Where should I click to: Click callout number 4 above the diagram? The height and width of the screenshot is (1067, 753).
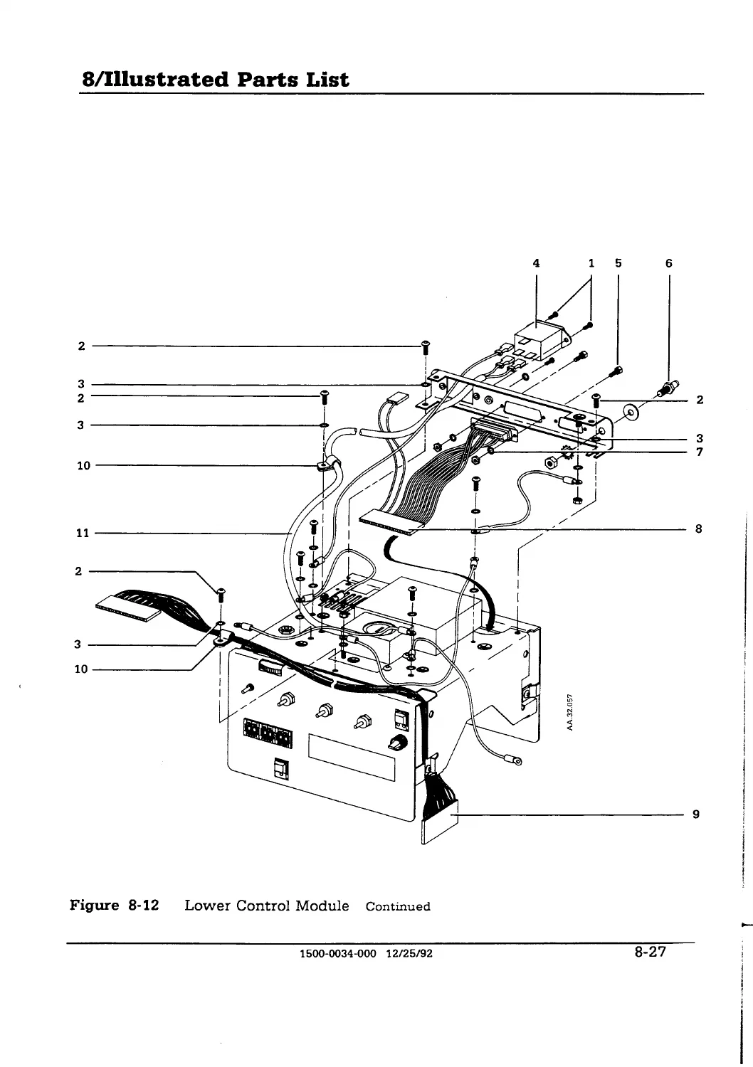click(x=536, y=263)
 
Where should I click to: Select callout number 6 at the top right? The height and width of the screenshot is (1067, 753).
click(x=668, y=263)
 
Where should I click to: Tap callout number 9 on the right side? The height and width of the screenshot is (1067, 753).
click(x=696, y=814)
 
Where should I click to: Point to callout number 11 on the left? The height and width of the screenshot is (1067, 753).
click(x=83, y=533)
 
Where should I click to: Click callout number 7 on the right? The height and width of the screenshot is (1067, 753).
click(x=699, y=452)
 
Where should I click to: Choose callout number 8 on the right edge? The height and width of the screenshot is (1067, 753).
click(x=699, y=529)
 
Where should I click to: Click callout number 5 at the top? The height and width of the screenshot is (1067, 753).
click(x=618, y=263)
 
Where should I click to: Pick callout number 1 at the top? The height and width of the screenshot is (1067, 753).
click(x=591, y=263)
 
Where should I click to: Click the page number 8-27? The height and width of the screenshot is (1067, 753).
click(x=650, y=952)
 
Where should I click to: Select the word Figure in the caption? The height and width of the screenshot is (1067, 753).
click(x=95, y=905)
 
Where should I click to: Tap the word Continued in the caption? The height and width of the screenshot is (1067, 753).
click(x=398, y=906)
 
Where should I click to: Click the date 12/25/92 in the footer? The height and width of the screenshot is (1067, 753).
click(x=409, y=954)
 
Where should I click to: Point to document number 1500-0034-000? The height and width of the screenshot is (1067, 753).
click(x=338, y=954)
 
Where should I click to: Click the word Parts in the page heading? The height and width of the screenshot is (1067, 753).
click(x=268, y=79)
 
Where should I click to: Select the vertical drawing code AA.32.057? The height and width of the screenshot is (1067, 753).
click(x=570, y=713)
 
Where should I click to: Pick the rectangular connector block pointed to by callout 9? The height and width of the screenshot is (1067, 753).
click(x=439, y=823)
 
